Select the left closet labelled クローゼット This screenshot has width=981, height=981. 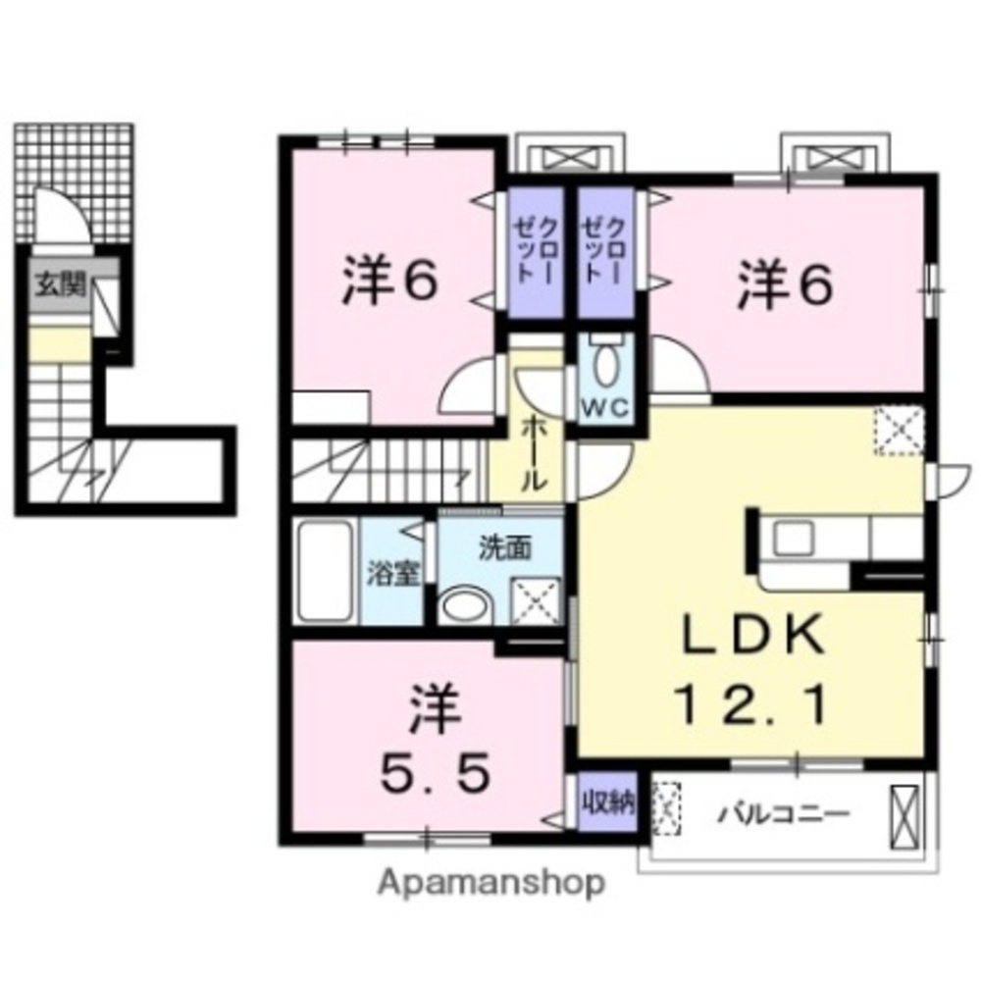536,253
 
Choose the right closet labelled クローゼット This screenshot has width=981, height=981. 605,253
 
